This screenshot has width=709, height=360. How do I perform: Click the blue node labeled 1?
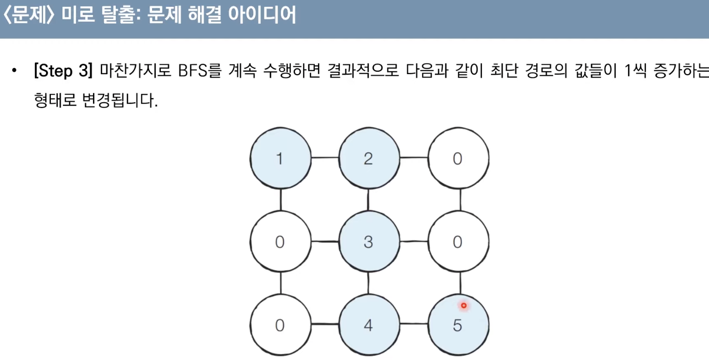[280, 158]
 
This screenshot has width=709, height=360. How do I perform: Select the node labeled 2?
[369, 158]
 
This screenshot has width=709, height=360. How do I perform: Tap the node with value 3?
[369, 241]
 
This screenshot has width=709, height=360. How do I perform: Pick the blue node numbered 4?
[369, 325]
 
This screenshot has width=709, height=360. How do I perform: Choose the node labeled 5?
[458, 325]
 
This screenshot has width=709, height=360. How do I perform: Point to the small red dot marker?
[463, 306]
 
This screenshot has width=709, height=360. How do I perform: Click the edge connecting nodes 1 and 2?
[324, 158]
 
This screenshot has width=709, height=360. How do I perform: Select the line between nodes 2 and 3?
[369, 200]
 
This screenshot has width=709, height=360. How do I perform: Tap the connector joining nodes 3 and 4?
[369, 283]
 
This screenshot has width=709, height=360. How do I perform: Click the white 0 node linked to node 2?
[458, 158]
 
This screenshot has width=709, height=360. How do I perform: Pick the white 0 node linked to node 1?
[280, 241]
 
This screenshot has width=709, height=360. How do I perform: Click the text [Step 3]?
[63, 72]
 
